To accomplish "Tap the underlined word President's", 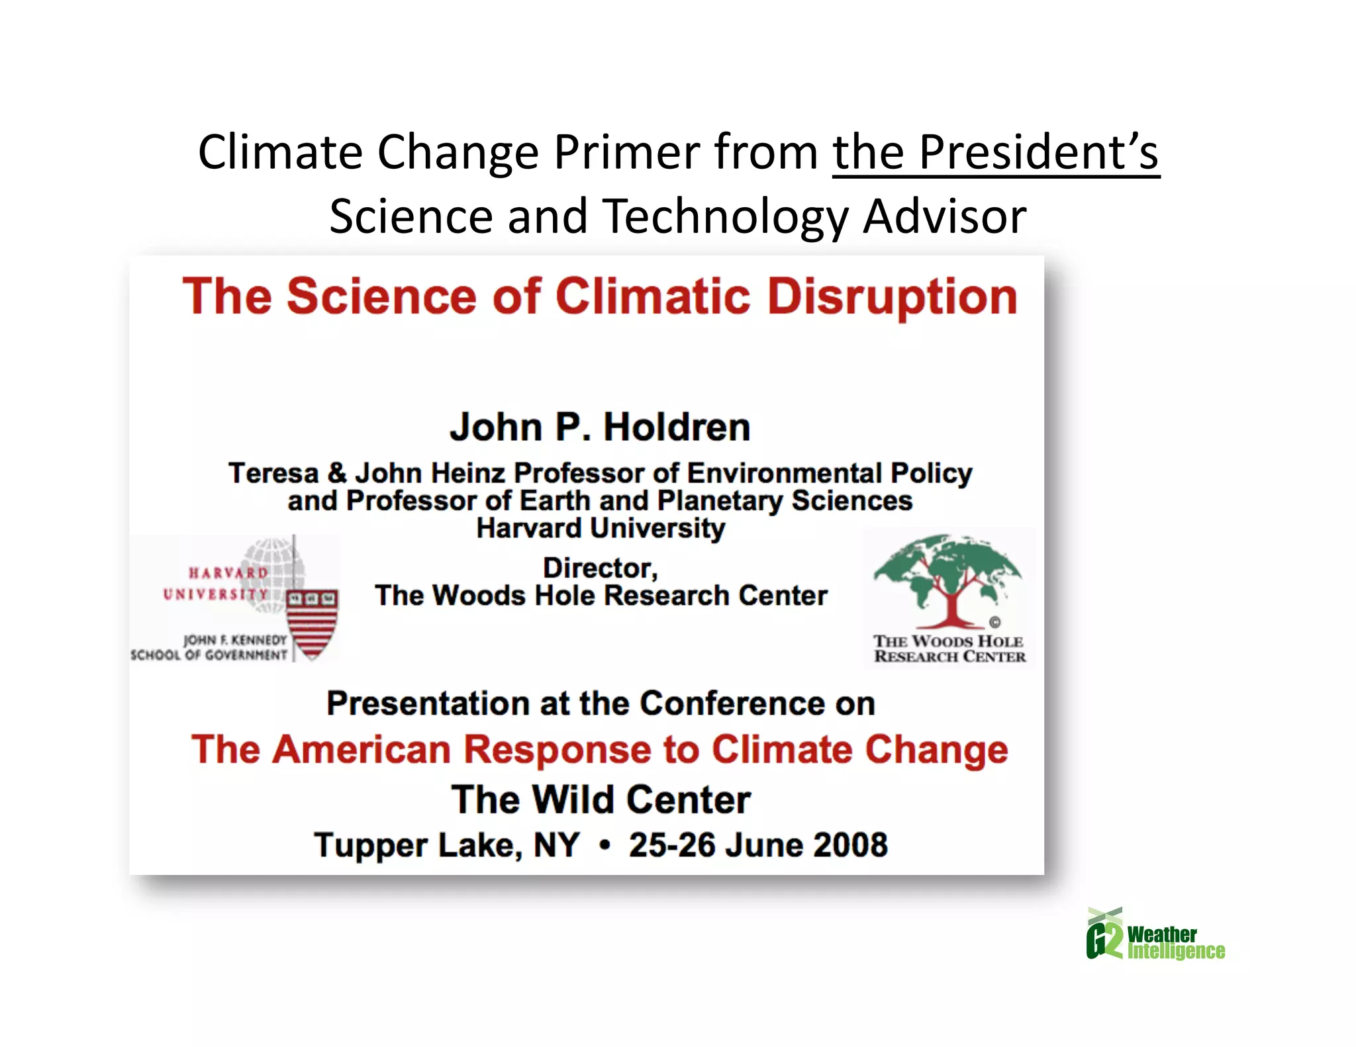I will coord(1039,152).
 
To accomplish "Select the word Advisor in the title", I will coord(944,216).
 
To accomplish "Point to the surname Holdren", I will coord(677,427).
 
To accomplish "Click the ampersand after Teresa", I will coord(337,473).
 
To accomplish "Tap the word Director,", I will coord(601,568).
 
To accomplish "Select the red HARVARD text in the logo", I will coord(228,572).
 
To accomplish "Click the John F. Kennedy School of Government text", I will coord(209,647).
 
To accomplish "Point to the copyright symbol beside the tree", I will coord(994,622).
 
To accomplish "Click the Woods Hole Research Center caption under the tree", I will coord(949,649).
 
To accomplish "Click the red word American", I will coord(362,749).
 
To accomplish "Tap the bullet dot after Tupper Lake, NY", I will coord(604,846).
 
